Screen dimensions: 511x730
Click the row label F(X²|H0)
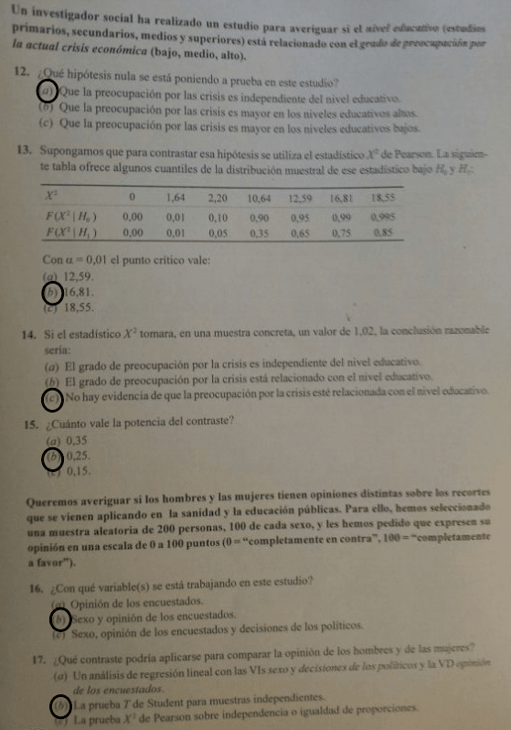[70, 217]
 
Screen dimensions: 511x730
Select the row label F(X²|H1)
[70, 232]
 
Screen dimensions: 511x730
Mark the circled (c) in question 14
[53, 397]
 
